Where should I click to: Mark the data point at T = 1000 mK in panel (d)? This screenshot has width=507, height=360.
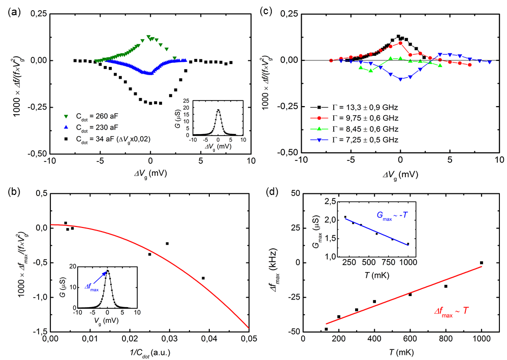pyautogui.click(x=481, y=263)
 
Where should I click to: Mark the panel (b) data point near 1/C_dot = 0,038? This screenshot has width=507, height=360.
pyautogui.click(x=203, y=278)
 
